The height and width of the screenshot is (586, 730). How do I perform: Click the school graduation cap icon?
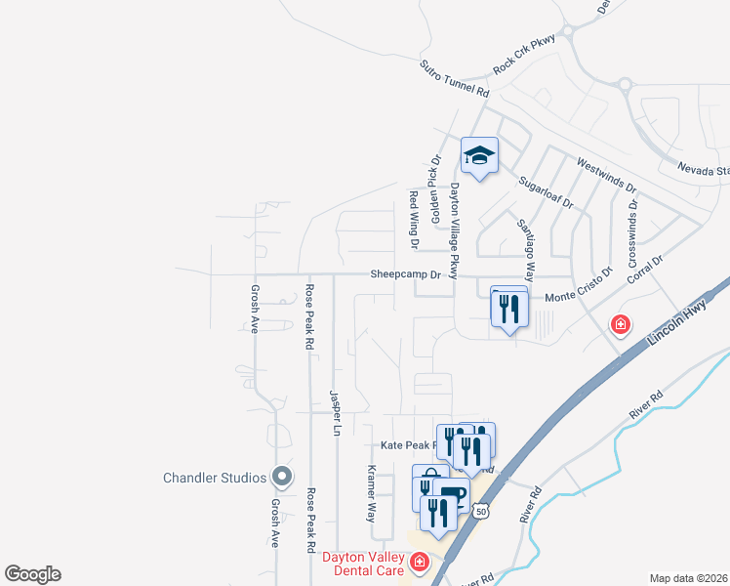tap(479, 155)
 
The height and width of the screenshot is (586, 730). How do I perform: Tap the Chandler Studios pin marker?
tap(282, 478)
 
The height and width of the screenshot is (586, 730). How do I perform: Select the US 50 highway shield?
tap(480, 511)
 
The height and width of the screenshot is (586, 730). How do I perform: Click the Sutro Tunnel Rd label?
tap(454, 78)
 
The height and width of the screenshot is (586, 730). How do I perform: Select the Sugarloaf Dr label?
tap(546, 192)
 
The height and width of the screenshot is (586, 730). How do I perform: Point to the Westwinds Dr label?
tap(606, 176)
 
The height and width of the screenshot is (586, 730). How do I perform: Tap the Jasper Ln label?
tap(335, 412)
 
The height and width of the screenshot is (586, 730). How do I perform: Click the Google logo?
tap(32, 574)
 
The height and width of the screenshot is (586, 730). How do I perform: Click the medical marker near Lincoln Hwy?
tap(619, 324)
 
